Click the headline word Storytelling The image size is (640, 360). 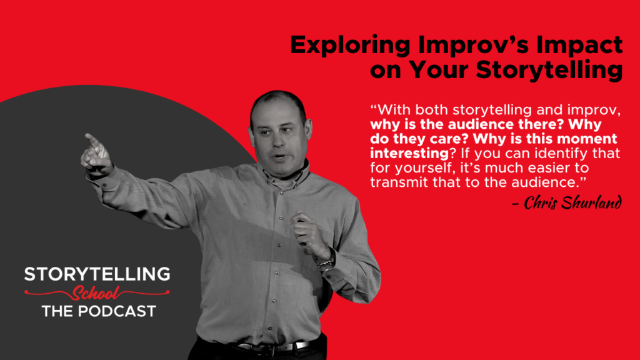point(547,71)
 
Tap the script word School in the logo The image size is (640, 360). point(97,292)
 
